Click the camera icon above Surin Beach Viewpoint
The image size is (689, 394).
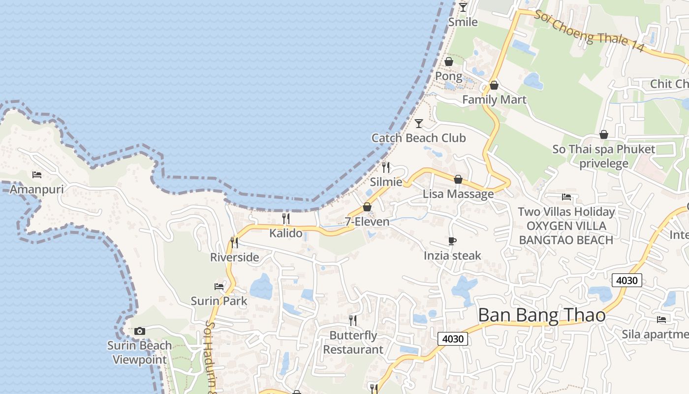[x=140, y=331]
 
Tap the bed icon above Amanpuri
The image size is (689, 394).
[x=37, y=174]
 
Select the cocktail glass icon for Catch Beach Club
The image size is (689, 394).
[x=419, y=123]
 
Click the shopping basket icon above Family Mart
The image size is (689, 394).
[x=494, y=85]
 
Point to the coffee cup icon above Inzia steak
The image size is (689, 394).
[x=452, y=241]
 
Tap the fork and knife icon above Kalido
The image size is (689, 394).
[x=285, y=218]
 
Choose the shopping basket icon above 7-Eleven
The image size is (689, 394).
[x=367, y=207]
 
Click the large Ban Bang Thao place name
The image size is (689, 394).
[x=541, y=315]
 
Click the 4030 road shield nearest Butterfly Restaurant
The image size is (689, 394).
[x=453, y=339]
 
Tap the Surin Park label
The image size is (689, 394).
[x=219, y=301]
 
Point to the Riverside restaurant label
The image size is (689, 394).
[x=234, y=257]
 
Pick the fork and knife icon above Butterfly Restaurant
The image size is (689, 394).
[x=353, y=321]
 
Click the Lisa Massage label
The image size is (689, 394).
[x=458, y=194]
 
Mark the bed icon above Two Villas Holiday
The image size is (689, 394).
[x=566, y=197]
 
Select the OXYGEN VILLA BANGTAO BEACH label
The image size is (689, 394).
[x=566, y=233]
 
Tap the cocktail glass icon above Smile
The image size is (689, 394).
[x=463, y=7]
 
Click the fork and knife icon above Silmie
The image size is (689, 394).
[x=386, y=167]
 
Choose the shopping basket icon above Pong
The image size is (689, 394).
[x=449, y=62]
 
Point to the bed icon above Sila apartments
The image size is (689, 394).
[x=661, y=320]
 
